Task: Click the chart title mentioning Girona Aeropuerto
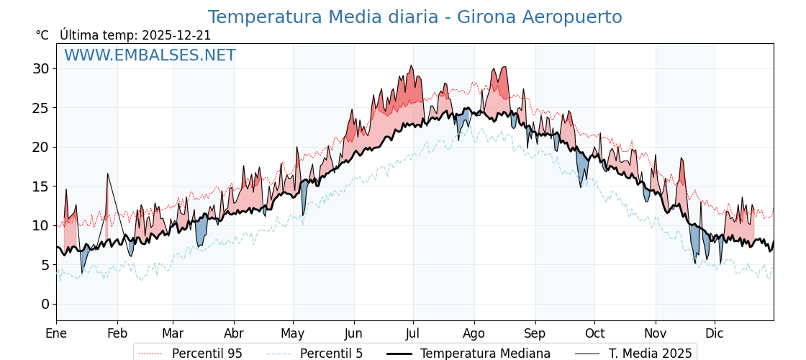click(x=415, y=17)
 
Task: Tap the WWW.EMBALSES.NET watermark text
click(x=150, y=55)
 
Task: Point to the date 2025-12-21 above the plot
click(x=176, y=35)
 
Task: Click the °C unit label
click(x=42, y=35)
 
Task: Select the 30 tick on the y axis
click(x=40, y=69)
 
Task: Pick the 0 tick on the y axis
click(x=45, y=304)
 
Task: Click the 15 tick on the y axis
click(x=40, y=186)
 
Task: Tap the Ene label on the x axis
click(x=56, y=333)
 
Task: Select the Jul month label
click(x=413, y=333)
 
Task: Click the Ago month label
click(x=474, y=333)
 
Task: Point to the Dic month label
click(x=715, y=333)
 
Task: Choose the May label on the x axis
click(x=293, y=333)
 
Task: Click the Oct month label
click(x=594, y=333)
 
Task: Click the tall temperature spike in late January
click(x=108, y=175)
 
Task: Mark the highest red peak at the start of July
click(x=411, y=67)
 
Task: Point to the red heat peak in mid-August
click(x=504, y=68)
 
